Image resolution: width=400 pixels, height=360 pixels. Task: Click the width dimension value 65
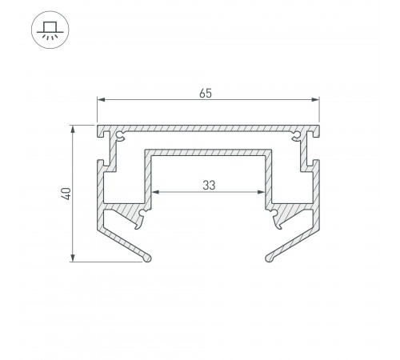[207, 92]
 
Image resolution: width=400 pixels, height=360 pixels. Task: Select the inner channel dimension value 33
[208, 185]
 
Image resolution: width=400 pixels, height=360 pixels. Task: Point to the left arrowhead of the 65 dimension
[101, 100]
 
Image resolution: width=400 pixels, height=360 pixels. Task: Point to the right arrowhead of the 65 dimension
[315, 100]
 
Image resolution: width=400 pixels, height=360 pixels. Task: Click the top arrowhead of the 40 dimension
[74, 128]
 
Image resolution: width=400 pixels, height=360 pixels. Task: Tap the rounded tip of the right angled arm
[270, 258]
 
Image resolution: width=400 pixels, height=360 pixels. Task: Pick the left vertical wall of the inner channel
[148, 176]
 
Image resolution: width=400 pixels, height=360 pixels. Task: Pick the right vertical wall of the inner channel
[269, 176]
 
